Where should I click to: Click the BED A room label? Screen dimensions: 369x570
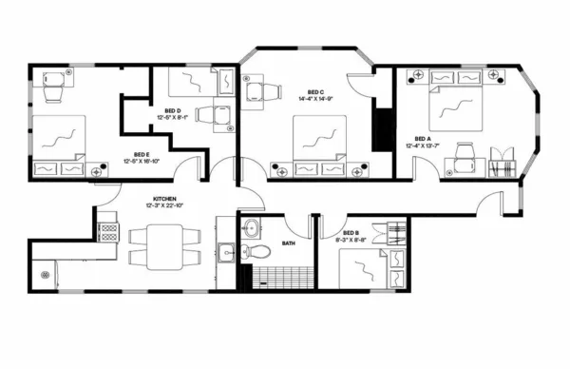(423, 138)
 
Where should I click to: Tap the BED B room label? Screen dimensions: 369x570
(350, 233)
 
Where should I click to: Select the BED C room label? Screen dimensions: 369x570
(310, 90)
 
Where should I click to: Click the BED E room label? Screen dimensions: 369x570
(140, 154)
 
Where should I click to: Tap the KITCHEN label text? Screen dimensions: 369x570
(155, 200)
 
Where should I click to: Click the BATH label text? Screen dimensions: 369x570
(289, 243)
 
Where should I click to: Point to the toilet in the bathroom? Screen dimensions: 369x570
(250, 253)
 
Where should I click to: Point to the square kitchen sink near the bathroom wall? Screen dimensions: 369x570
(225, 252)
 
